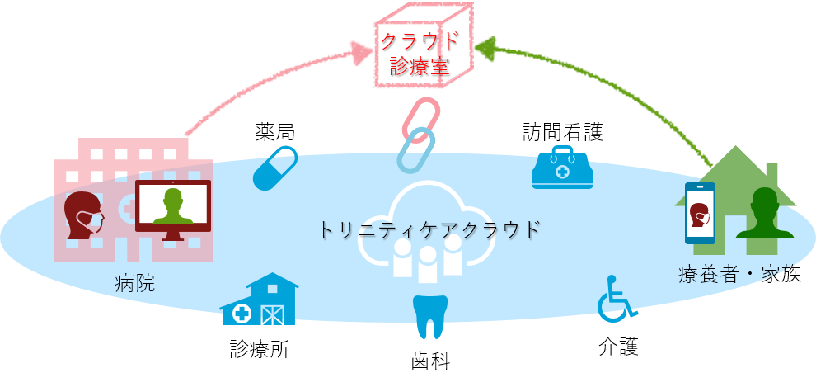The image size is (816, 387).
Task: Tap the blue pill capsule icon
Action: click(275, 168)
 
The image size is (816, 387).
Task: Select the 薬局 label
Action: click(275, 132)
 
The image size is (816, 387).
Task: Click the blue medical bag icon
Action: click(562, 168)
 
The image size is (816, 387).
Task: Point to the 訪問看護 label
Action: click(562, 132)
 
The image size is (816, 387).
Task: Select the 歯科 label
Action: click(430, 360)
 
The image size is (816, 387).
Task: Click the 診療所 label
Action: click(259, 349)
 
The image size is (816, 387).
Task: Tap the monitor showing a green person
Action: click(173, 206)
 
